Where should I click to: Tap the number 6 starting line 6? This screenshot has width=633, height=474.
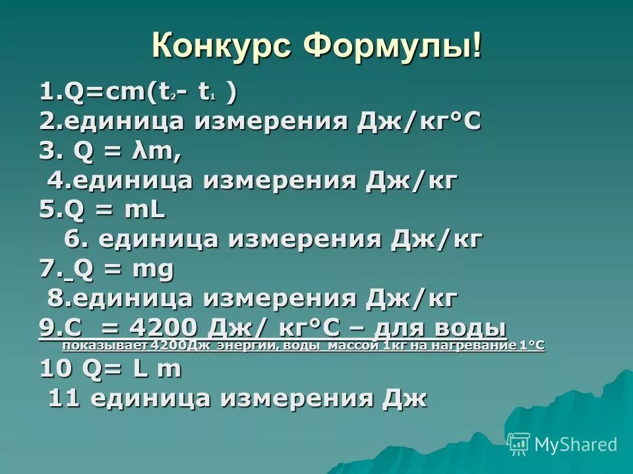click(x=73, y=240)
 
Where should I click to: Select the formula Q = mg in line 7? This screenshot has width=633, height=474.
click(x=124, y=269)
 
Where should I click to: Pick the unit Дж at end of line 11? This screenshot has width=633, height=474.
click(x=407, y=398)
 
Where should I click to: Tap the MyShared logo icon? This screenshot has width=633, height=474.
click(x=519, y=444)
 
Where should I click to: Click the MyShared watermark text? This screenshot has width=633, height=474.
click(x=576, y=444)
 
